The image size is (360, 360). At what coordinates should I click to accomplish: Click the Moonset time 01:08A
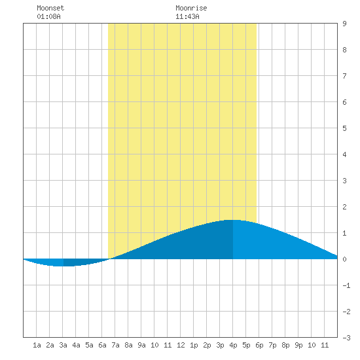click(x=48, y=16)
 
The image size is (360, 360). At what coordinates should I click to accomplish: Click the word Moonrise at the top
click(x=191, y=8)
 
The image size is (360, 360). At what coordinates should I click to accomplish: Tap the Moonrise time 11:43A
click(x=187, y=16)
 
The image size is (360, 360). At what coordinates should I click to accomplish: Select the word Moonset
click(x=50, y=8)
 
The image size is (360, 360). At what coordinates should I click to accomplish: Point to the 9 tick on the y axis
click(x=344, y=24)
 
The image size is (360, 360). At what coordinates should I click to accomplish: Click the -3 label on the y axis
click(x=346, y=338)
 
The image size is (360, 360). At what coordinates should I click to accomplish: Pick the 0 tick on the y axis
click(x=344, y=259)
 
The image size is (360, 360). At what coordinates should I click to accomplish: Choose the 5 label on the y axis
click(x=344, y=128)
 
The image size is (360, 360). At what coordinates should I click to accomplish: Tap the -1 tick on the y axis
click(x=346, y=285)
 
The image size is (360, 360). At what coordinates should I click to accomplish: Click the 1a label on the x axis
click(x=37, y=345)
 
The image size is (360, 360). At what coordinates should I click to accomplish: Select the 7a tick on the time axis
click(x=115, y=345)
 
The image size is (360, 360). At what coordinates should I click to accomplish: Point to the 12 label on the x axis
click(x=181, y=345)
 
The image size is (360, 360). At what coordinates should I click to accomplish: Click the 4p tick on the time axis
click(x=233, y=345)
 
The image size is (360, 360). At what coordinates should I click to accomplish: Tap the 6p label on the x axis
click(x=259, y=345)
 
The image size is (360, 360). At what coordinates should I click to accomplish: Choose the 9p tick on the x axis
click(x=298, y=345)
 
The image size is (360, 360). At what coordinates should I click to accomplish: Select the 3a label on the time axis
click(x=63, y=345)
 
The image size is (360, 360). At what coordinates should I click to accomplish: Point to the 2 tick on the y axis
click(x=344, y=207)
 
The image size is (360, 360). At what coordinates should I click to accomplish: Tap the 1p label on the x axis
click(x=194, y=345)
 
